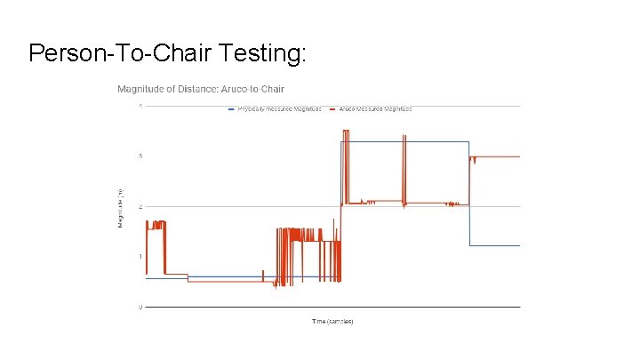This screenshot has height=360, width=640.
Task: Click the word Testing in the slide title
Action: [x=261, y=54]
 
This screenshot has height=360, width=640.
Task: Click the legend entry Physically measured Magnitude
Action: [x=279, y=108]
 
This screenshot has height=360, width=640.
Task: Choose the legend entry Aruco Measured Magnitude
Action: [x=374, y=108]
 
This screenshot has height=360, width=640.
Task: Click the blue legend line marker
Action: [x=231, y=108]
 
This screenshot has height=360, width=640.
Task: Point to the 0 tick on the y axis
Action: [x=140, y=307]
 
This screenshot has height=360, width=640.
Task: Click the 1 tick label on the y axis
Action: [x=140, y=257]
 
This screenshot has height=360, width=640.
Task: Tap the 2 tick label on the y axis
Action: [x=140, y=206]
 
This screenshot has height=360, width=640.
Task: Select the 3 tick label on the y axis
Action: [x=140, y=156]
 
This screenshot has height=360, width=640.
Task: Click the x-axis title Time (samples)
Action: [x=332, y=321]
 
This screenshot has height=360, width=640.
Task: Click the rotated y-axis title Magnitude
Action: [x=121, y=206]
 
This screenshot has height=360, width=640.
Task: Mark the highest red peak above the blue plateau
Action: [x=345, y=132]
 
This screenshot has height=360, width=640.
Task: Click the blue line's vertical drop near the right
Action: [x=469, y=196]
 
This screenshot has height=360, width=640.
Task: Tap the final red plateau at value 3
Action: [x=498, y=156]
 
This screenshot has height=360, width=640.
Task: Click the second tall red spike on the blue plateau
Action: [x=404, y=138]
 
